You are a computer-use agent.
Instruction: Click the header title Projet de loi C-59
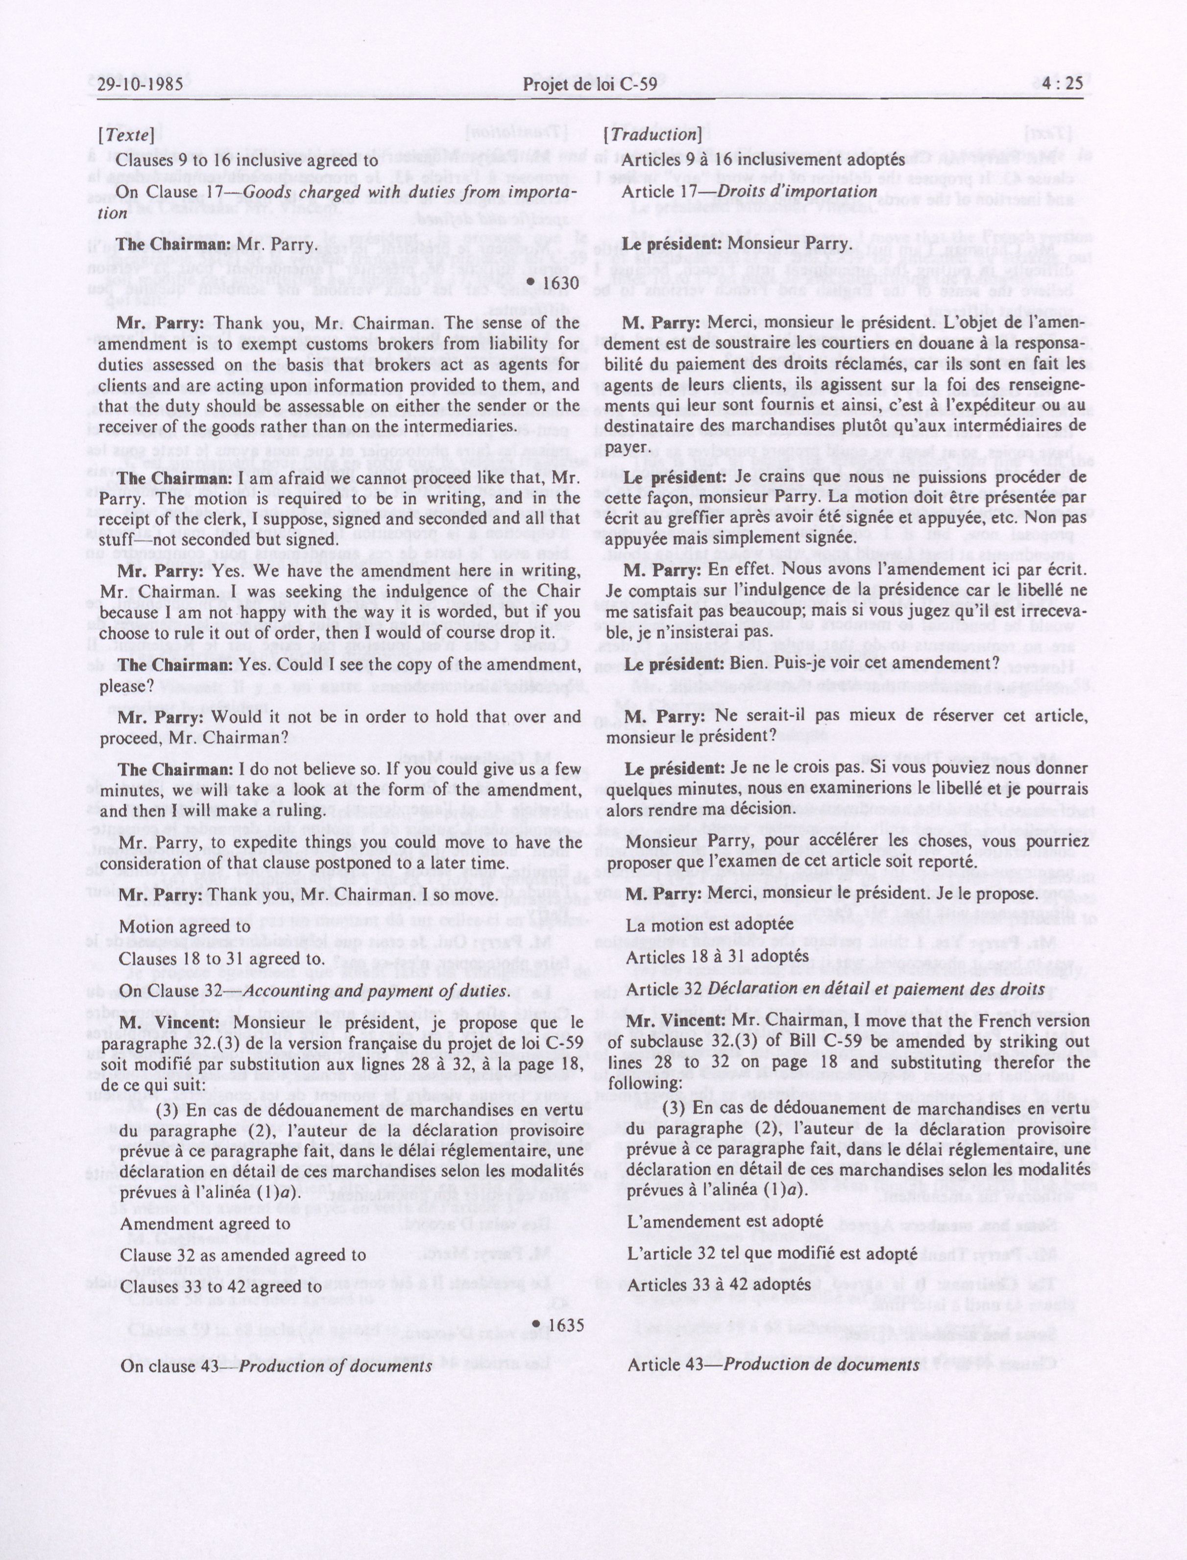click(x=590, y=84)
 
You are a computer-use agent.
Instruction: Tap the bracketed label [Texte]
click(x=126, y=135)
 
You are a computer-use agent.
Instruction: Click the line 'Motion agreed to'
click(x=185, y=927)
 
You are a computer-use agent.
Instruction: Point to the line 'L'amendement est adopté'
click(x=725, y=1221)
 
